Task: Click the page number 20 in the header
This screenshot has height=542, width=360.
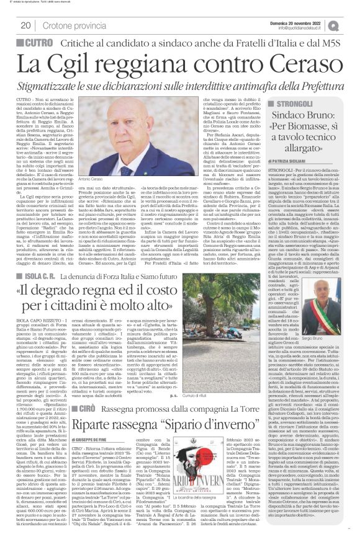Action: [26, 25]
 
